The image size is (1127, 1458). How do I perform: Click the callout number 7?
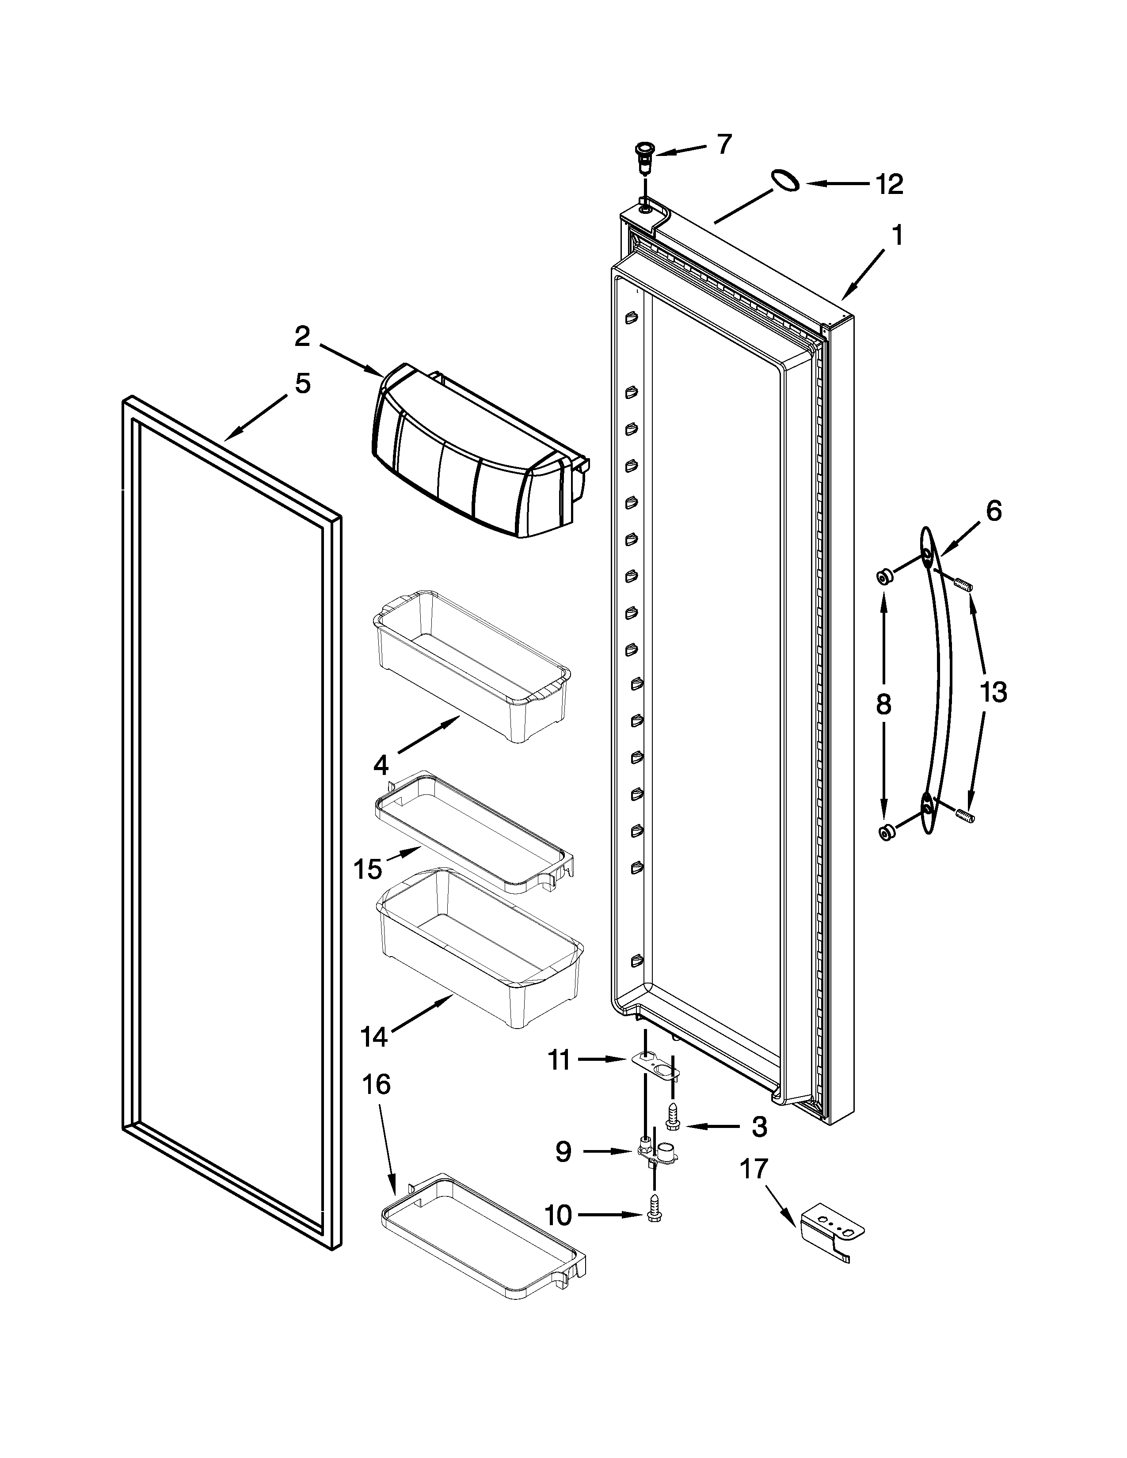724,144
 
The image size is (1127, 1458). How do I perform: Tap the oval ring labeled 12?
785,181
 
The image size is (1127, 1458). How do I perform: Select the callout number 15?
368,869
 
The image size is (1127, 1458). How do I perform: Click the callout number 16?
376,1085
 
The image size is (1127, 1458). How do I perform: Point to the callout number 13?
994,693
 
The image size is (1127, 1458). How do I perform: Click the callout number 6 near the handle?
994,511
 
